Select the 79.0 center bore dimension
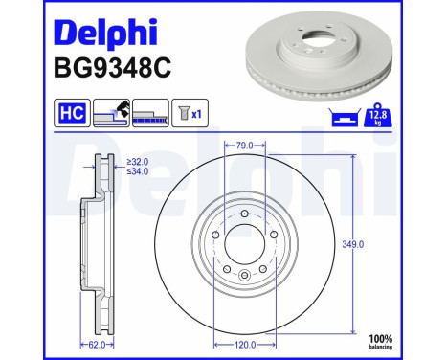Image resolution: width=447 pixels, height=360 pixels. (x=243, y=145)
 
